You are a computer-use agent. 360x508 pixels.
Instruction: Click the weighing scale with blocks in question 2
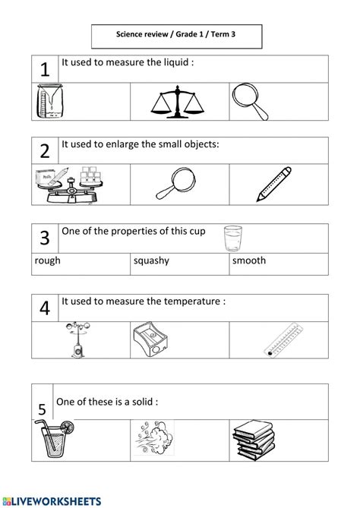(x=66, y=184)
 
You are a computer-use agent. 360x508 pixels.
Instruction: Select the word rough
(x=48, y=260)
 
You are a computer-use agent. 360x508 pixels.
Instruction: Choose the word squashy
(x=151, y=260)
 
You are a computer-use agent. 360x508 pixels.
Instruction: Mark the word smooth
(x=249, y=260)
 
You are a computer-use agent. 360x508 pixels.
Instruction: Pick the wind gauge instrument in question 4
(x=77, y=339)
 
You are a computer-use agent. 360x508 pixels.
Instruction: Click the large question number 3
(x=45, y=238)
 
